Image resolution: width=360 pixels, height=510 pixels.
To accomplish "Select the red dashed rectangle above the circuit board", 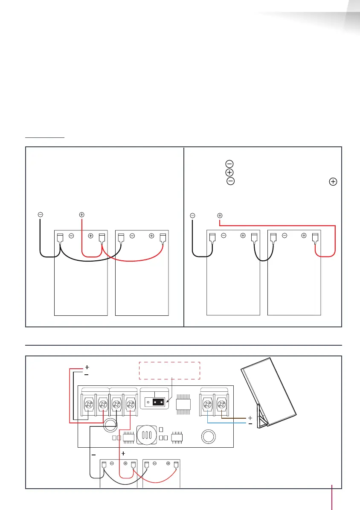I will click(x=169, y=370).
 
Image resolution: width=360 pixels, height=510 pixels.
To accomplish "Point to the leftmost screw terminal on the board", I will click(x=89, y=404).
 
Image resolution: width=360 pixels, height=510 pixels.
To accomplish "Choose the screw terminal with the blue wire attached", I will click(x=208, y=404).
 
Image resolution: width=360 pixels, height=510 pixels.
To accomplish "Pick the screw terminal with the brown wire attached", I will click(x=221, y=404).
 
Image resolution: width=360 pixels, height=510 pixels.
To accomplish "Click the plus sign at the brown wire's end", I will click(x=250, y=417).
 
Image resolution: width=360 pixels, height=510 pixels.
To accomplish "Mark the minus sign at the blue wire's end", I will click(x=250, y=423).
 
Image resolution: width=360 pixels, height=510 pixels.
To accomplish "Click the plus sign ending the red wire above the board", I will click(x=87, y=367).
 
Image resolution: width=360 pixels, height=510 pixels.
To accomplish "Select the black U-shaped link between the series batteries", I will click(x=264, y=255).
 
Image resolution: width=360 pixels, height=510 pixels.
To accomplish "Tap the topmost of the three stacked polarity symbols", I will click(x=229, y=164).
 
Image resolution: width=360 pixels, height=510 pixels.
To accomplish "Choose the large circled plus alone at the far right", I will click(x=333, y=181).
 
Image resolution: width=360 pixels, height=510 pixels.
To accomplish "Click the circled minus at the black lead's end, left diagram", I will click(x=40, y=215).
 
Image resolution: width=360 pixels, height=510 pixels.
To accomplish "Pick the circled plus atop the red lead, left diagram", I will click(x=82, y=215).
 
